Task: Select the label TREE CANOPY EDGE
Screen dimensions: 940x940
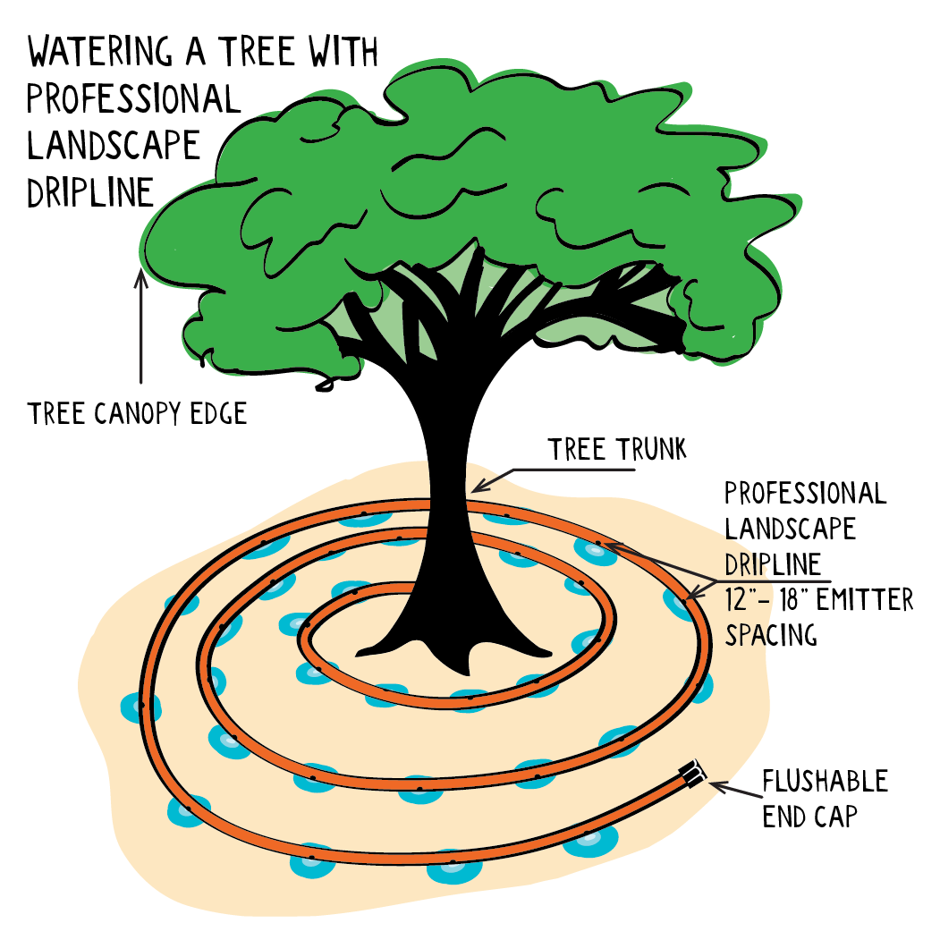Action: click(137, 413)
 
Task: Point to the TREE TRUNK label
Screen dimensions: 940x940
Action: click(617, 449)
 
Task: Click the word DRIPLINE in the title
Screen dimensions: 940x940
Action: click(90, 193)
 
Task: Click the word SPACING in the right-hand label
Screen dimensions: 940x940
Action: click(771, 635)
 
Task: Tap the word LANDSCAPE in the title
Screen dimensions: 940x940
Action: click(114, 147)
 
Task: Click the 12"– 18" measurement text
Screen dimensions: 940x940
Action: click(767, 599)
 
